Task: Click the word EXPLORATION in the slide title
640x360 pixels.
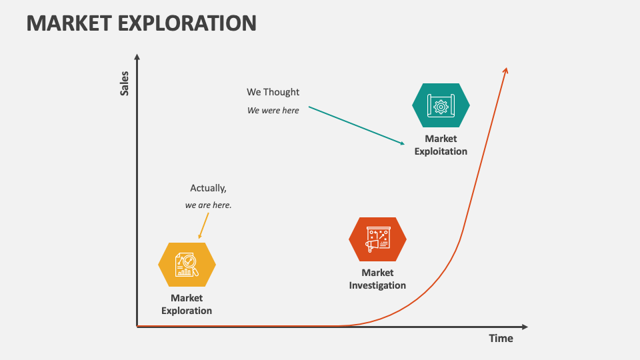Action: pos(189,23)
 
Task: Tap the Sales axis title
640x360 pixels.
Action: pos(125,83)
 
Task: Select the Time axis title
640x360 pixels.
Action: pos(501,338)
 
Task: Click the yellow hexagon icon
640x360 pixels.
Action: pos(187,265)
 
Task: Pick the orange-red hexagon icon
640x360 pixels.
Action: pos(377,239)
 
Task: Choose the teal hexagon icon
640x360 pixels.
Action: pos(441,105)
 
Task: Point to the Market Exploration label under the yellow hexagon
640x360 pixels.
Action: pos(187,304)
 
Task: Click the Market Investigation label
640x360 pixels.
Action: pos(377,279)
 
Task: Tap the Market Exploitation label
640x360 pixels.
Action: pos(441,145)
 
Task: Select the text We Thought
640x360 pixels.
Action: pos(273,92)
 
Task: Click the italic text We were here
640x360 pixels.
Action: pos(273,110)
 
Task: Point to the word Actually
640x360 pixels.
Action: pos(208,188)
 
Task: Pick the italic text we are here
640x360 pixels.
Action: pos(208,205)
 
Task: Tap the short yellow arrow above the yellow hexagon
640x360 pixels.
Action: pos(203,226)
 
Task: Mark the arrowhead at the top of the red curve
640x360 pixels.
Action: pos(506,71)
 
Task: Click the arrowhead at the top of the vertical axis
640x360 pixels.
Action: pos(137,57)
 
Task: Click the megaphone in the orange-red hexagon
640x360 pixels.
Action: pos(372,245)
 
